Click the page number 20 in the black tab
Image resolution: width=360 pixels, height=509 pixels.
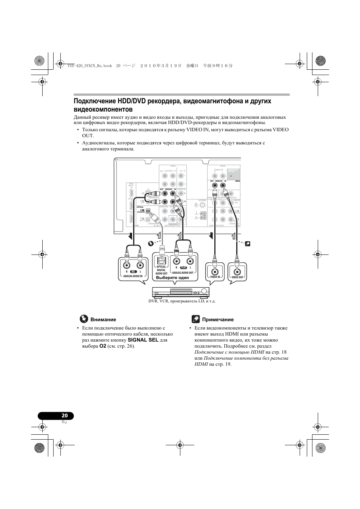65,415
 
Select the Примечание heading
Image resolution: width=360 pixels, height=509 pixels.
218,319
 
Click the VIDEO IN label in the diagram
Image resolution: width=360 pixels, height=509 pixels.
215,277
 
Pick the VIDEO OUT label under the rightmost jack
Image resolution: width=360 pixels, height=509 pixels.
237,277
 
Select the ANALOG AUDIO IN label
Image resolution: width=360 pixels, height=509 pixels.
133,276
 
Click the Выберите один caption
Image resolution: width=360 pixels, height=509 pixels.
172,277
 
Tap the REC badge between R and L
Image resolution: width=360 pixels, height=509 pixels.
133,271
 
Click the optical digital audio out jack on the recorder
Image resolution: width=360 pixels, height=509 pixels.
162,260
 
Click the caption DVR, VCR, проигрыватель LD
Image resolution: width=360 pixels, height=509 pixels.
182,301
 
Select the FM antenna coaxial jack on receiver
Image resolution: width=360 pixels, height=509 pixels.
203,205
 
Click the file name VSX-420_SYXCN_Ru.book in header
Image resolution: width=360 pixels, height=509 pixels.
90,65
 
